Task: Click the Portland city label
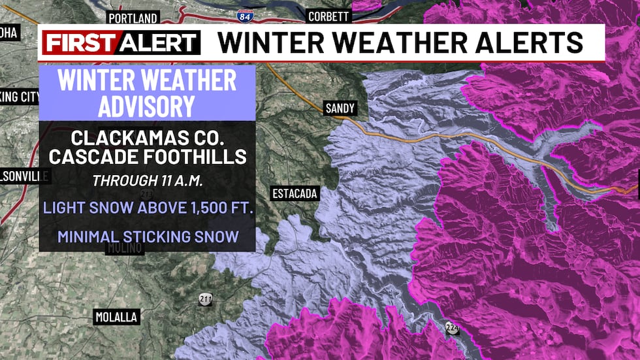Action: coord(133,18)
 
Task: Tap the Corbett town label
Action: coord(328,16)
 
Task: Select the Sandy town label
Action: coord(340,109)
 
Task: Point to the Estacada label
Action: coord(295,193)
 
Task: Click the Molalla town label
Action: coord(116,317)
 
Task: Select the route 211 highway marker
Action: coord(206,300)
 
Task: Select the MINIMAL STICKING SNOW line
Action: coord(148,236)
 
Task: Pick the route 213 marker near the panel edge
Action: coord(148,194)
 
